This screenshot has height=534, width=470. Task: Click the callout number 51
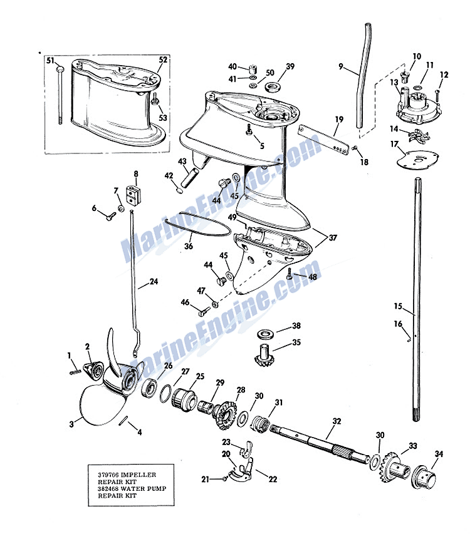(x=50, y=61)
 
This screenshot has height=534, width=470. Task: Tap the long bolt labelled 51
(x=60, y=95)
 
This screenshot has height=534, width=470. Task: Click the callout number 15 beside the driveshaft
(x=398, y=306)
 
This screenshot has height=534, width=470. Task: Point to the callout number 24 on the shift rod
(x=154, y=282)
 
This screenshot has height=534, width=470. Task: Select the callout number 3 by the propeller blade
(x=71, y=424)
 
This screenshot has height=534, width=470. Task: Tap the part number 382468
(x=108, y=489)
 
